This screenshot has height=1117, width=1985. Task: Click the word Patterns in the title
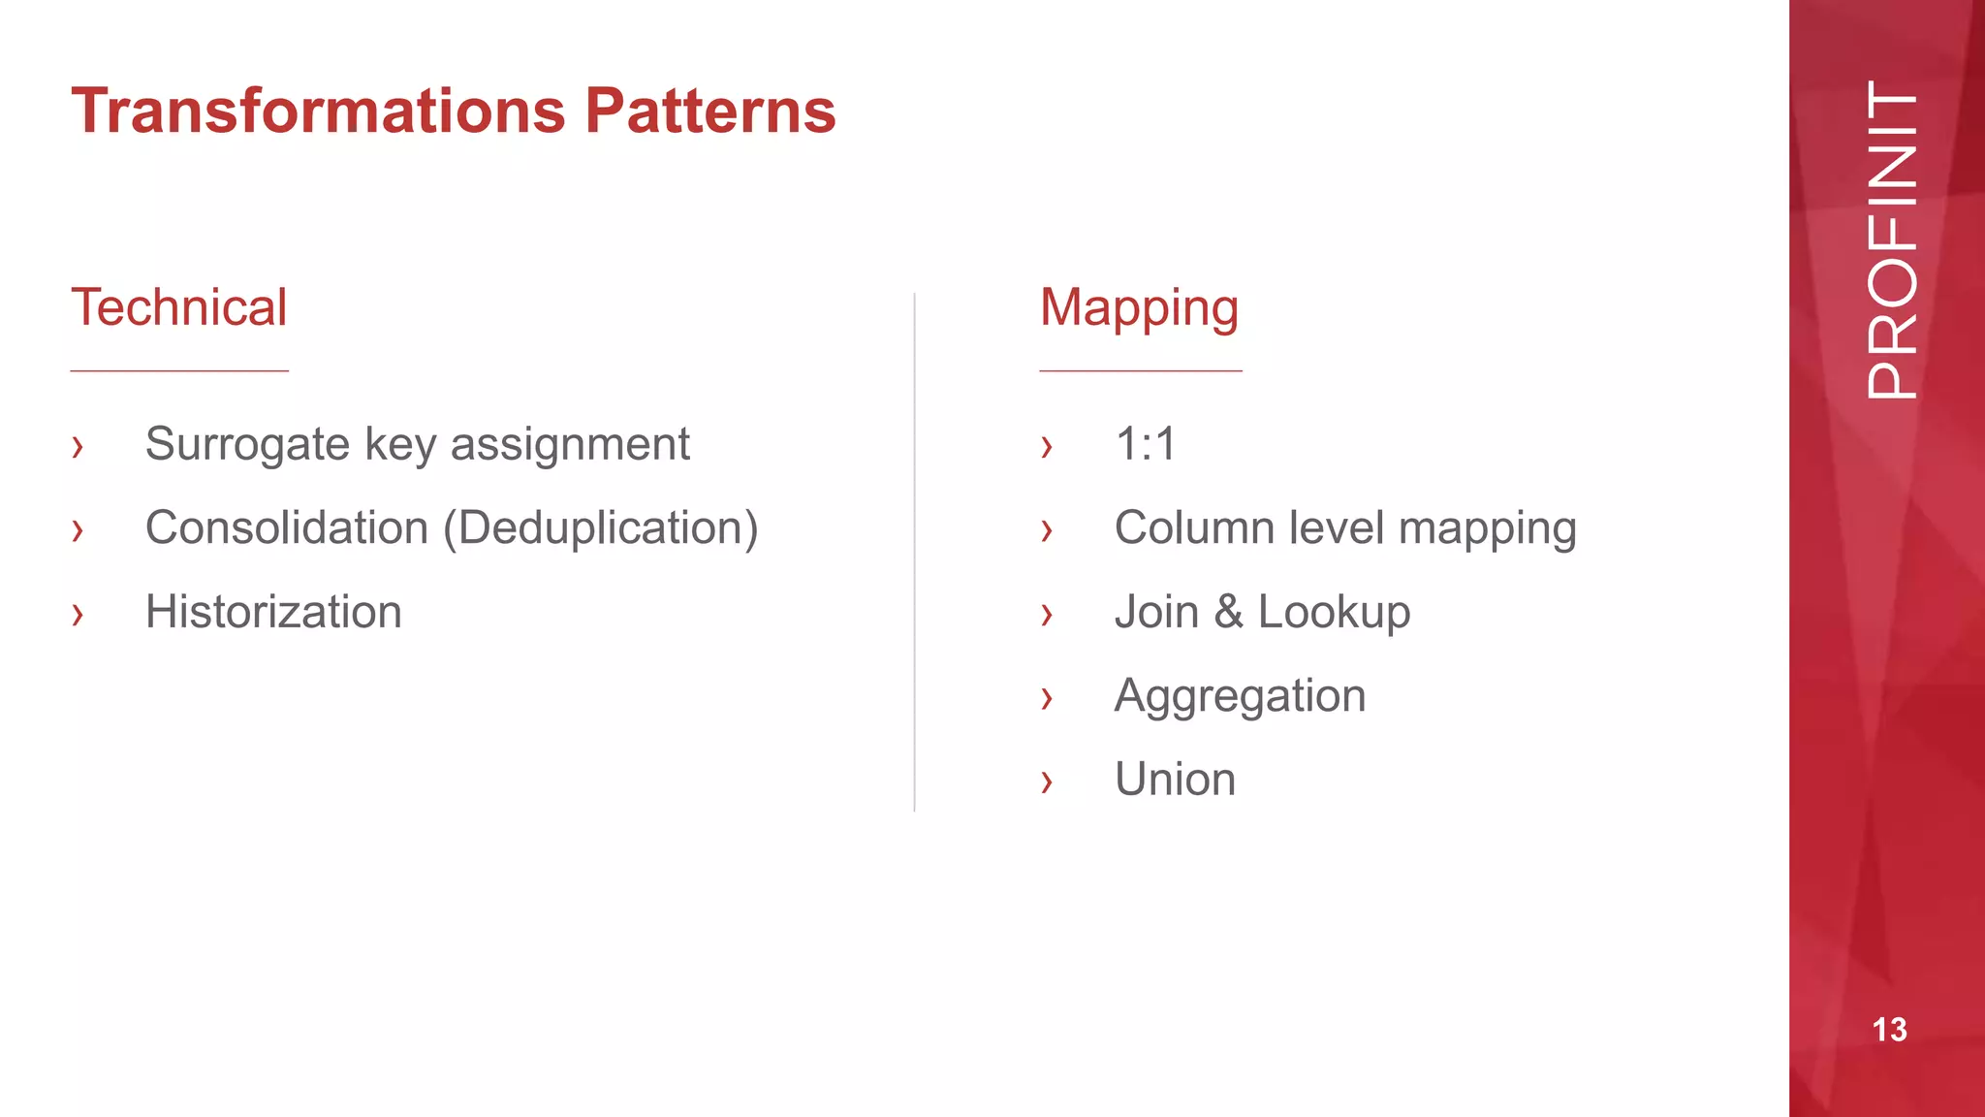[x=709, y=111]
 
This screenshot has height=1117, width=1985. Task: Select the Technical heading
[x=179, y=307]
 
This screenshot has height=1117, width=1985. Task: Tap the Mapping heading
[x=1139, y=309]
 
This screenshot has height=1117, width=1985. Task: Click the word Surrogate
[x=247, y=445]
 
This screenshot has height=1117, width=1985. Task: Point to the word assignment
[x=570, y=445]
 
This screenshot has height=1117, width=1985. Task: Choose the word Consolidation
[x=287, y=528]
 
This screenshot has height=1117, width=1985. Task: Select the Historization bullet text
[x=273, y=612]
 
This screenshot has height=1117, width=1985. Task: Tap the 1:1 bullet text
[x=1146, y=445]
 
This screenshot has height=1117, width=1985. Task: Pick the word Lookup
[x=1334, y=613]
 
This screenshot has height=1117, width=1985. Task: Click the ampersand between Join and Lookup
[x=1228, y=612]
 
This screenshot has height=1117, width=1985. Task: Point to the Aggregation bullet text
[x=1240, y=697]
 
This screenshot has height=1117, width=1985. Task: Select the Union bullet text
[x=1175, y=780]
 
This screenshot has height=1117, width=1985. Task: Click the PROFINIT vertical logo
[x=1891, y=239]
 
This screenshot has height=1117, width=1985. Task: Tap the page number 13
[x=1889, y=1030]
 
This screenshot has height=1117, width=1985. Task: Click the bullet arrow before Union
[x=1046, y=782]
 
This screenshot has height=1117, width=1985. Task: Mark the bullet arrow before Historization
[x=78, y=614]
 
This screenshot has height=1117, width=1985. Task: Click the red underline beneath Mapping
[x=1140, y=370]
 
